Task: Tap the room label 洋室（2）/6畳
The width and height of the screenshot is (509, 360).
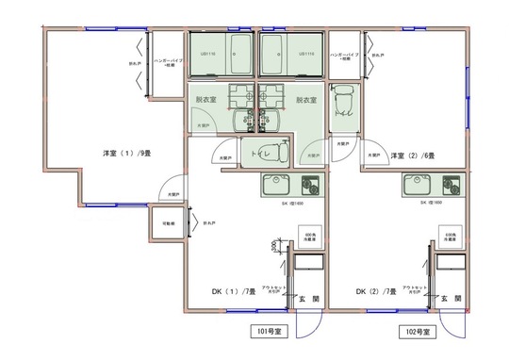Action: point(413,155)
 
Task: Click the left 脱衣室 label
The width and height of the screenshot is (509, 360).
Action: point(205,99)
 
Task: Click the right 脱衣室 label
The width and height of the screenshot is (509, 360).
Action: point(306,99)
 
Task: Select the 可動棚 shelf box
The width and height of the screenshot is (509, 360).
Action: point(167,224)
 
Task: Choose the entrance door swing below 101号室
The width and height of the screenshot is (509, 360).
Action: point(307,324)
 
